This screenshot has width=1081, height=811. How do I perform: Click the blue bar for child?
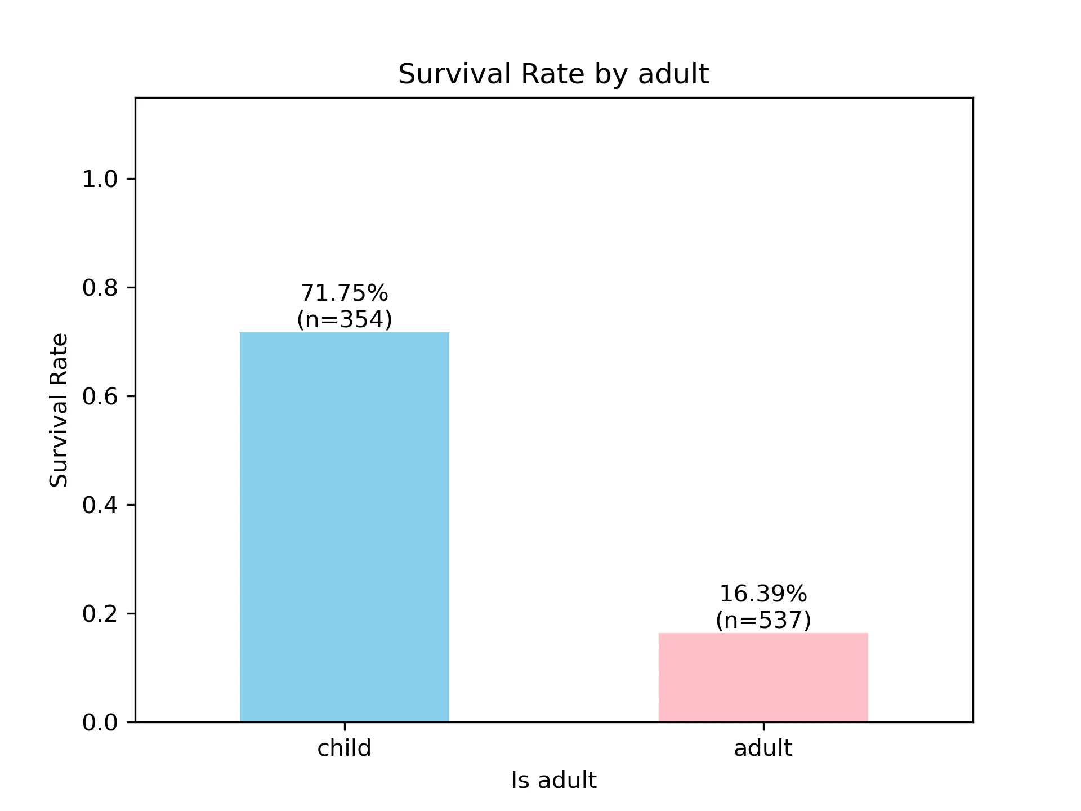(344, 527)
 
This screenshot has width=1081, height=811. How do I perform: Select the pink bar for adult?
(763, 677)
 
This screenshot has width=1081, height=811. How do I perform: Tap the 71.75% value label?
(344, 293)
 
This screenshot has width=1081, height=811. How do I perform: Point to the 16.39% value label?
(763, 594)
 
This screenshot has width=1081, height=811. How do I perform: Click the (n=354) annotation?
(344, 319)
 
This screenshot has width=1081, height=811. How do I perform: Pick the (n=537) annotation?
(763, 620)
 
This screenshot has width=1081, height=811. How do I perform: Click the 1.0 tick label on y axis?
(100, 179)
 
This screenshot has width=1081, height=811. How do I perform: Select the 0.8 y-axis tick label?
(100, 288)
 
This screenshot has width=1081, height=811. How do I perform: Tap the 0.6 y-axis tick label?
(100, 396)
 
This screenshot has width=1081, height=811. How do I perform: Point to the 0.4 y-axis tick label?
(100, 505)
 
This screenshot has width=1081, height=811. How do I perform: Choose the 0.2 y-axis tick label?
(100, 613)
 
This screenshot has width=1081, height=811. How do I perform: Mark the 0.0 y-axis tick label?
(100, 722)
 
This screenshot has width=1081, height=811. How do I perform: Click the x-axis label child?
(344, 748)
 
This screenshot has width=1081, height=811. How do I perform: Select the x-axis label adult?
(763, 748)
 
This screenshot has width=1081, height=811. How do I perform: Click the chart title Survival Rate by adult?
(553, 74)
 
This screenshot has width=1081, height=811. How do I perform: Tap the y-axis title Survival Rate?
(59, 410)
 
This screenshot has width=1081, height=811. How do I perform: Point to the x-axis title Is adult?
(553, 781)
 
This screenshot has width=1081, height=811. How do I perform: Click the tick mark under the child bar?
(345, 726)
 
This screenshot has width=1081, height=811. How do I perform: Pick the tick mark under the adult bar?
(763, 726)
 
